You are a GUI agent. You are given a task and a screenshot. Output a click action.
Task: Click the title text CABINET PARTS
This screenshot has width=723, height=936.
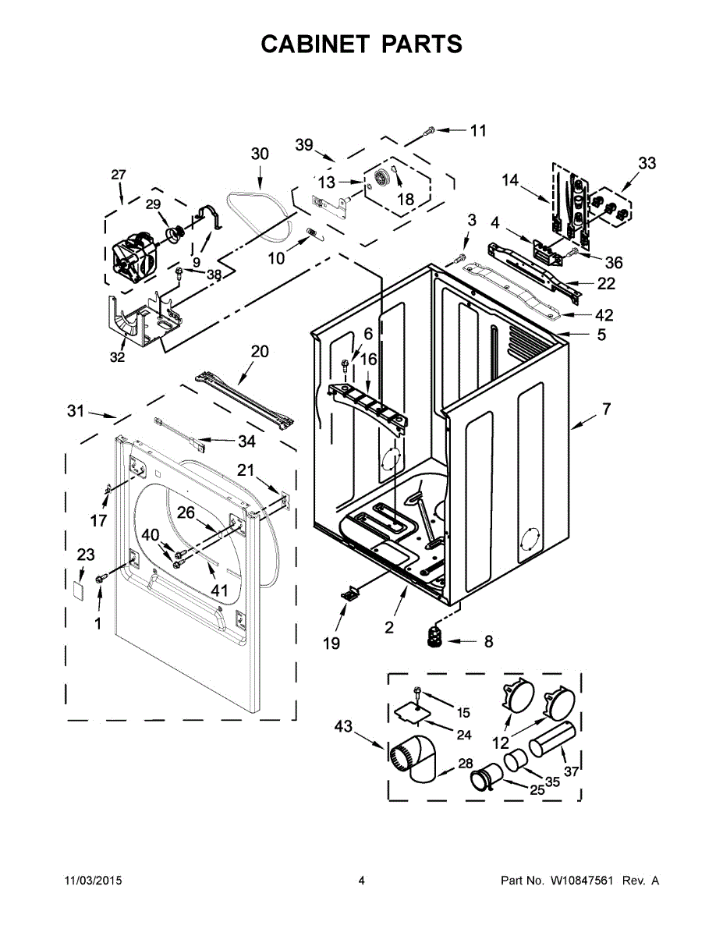click(x=361, y=44)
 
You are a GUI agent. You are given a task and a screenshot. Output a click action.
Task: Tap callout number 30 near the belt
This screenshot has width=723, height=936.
click(x=260, y=154)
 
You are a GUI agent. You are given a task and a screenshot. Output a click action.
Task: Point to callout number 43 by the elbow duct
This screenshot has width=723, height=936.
click(x=343, y=727)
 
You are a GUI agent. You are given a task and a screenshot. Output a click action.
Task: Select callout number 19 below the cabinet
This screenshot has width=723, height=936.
click(x=331, y=643)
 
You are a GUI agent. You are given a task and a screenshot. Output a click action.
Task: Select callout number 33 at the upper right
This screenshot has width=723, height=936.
click(x=647, y=163)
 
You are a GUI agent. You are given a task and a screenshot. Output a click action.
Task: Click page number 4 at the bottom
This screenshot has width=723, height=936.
click(x=361, y=881)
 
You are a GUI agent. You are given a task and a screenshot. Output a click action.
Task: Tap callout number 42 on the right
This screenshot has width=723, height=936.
click(x=604, y=315)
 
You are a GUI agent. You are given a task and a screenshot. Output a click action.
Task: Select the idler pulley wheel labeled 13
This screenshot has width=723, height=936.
click(x=382, y=179)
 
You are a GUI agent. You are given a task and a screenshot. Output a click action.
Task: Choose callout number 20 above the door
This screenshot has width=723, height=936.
click(x=260, y=352)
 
